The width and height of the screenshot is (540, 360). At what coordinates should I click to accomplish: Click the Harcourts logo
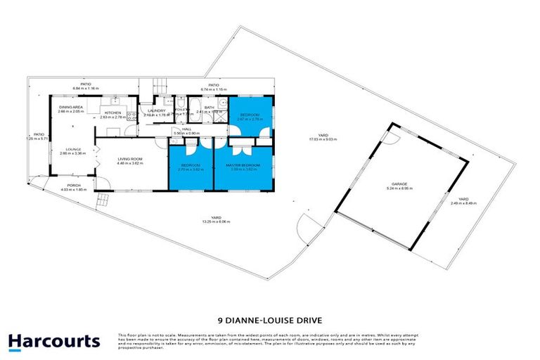coord(53,342)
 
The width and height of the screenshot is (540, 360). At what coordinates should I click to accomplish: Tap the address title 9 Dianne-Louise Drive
coord(269,316)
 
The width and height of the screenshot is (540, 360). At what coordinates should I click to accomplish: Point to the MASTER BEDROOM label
coord(243,166)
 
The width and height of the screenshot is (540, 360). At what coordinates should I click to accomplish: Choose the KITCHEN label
coord(112,114)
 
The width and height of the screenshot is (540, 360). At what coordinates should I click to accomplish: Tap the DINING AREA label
coord(71,109)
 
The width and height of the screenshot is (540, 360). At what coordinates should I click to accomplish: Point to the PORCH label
coord(74,187)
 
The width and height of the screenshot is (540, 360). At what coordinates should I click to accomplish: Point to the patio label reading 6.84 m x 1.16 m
coord(86,86)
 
